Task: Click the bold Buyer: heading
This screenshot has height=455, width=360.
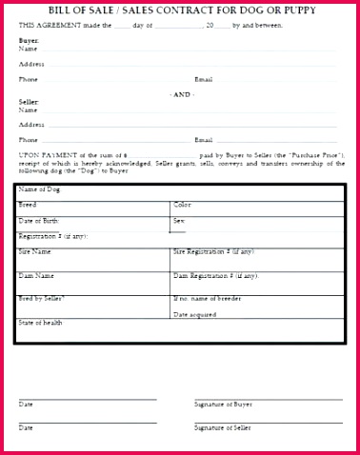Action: point(29,42)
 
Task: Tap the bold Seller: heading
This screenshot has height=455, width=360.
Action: point(29,101)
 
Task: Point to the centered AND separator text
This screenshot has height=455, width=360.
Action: point(181,94)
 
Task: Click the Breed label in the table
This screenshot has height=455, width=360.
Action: point(28,205)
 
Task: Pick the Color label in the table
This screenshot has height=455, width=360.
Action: point(182,205)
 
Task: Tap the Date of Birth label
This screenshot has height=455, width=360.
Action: point(39,221)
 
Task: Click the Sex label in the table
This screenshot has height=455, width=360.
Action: point(178,220)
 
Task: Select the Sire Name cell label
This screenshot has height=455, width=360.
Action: point(35,252)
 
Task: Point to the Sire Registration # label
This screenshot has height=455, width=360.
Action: point(213,252)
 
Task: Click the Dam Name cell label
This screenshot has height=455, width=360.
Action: point(36,276)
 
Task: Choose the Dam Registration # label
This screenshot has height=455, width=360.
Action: point(215,276)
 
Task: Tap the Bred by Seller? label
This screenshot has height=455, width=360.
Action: point(42,299)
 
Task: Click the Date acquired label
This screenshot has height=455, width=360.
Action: point(195,314)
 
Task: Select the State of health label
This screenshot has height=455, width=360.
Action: point(40,323)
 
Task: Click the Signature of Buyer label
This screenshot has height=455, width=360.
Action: point(224,405)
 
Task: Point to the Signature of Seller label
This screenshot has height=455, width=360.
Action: point(224,428)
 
